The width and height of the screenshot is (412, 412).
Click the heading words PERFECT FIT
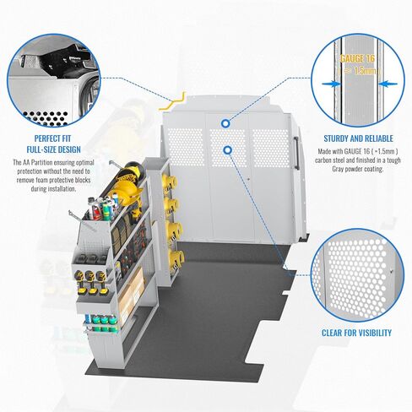[x=52, y=138]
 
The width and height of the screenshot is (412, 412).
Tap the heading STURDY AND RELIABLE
[x=358, y=138]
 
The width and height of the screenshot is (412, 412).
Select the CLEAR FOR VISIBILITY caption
[x=356, y=333]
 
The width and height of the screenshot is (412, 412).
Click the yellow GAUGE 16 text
[x=357, y=58]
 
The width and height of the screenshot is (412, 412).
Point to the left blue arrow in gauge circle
[x=331, y=84]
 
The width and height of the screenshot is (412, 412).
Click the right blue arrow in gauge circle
[x=388, y=84]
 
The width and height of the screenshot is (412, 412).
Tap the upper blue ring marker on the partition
[x=225, y=123]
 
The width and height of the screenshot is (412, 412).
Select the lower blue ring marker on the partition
[x=227, y=150]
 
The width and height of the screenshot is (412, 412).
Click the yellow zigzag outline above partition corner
[x=172, y=101]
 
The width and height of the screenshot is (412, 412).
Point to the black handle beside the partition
[x=296, y=153]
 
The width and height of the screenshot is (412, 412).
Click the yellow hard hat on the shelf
[x=125, y=192]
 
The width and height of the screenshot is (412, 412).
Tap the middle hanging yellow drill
[x=90, y=282]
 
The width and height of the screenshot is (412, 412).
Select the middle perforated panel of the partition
[x=227, y=147]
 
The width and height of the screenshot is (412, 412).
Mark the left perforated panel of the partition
[x=185, y=146]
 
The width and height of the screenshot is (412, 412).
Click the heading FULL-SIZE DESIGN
[x=54, y=149]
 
